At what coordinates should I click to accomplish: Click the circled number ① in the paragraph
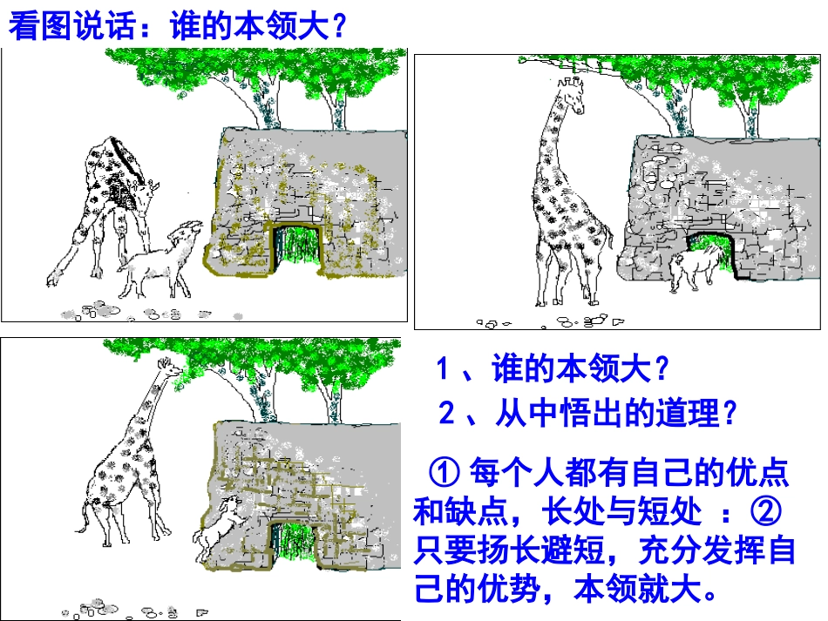(445, 474)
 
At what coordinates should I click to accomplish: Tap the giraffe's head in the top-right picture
(573, 91)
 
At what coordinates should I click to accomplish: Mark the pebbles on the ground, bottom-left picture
(96, 606)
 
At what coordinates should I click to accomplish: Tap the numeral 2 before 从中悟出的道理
(447, 414)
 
